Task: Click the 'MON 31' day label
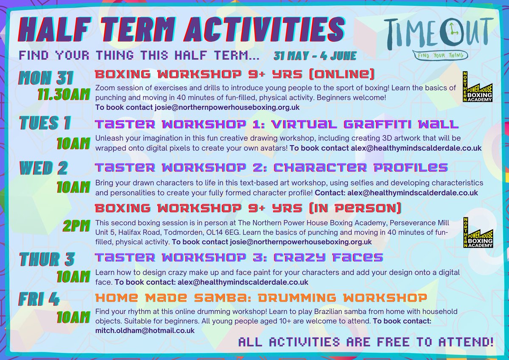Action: [x=46, y=78]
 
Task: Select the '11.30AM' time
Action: [x=64, y=94]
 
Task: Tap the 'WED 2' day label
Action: [x=44, y=168]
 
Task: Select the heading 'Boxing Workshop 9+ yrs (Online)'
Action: [x=235, y=75]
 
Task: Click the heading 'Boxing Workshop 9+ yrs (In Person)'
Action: [x=248, y=208]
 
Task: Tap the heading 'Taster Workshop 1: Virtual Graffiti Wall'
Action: [x=277, y=124]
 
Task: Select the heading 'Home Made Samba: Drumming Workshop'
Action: [x=261, y=297]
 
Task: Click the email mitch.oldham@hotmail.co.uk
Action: [x=145, y=330]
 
